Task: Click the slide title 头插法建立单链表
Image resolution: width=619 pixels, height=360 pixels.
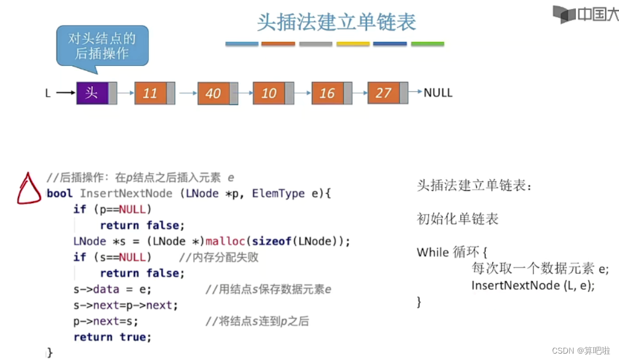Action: [x=336, y=22]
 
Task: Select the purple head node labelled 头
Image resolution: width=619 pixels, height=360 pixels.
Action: [x=93, y=93]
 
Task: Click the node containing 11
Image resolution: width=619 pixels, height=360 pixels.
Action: [x=151, y=93]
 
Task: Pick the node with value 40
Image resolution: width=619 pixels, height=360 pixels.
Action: [x=214, y=93]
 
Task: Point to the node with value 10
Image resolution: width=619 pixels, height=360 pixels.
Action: [x=269, y=93]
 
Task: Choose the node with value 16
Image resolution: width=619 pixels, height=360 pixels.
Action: [x=328, y=93]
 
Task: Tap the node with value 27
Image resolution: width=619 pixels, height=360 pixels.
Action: [x=383, y=93]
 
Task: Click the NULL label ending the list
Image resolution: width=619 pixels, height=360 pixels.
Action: [x=438, y=92]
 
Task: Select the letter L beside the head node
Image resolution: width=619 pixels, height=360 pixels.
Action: [x=48, y=93]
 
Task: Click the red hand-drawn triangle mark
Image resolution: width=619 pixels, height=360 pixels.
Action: [x=29, y=189]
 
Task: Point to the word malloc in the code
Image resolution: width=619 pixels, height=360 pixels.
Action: [x=226, y=241]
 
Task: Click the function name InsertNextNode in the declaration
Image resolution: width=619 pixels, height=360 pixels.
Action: [x=126, y=193]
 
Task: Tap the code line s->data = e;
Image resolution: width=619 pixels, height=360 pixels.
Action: [x=112, y=289]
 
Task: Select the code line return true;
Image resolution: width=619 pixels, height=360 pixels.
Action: [x=112, y=337]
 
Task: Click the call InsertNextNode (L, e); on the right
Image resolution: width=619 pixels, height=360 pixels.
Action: [x=533, y=286]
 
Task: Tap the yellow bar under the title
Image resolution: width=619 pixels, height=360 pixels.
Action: [x=353, y=44]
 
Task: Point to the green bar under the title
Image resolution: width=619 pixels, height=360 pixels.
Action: [x=428, y=44]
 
